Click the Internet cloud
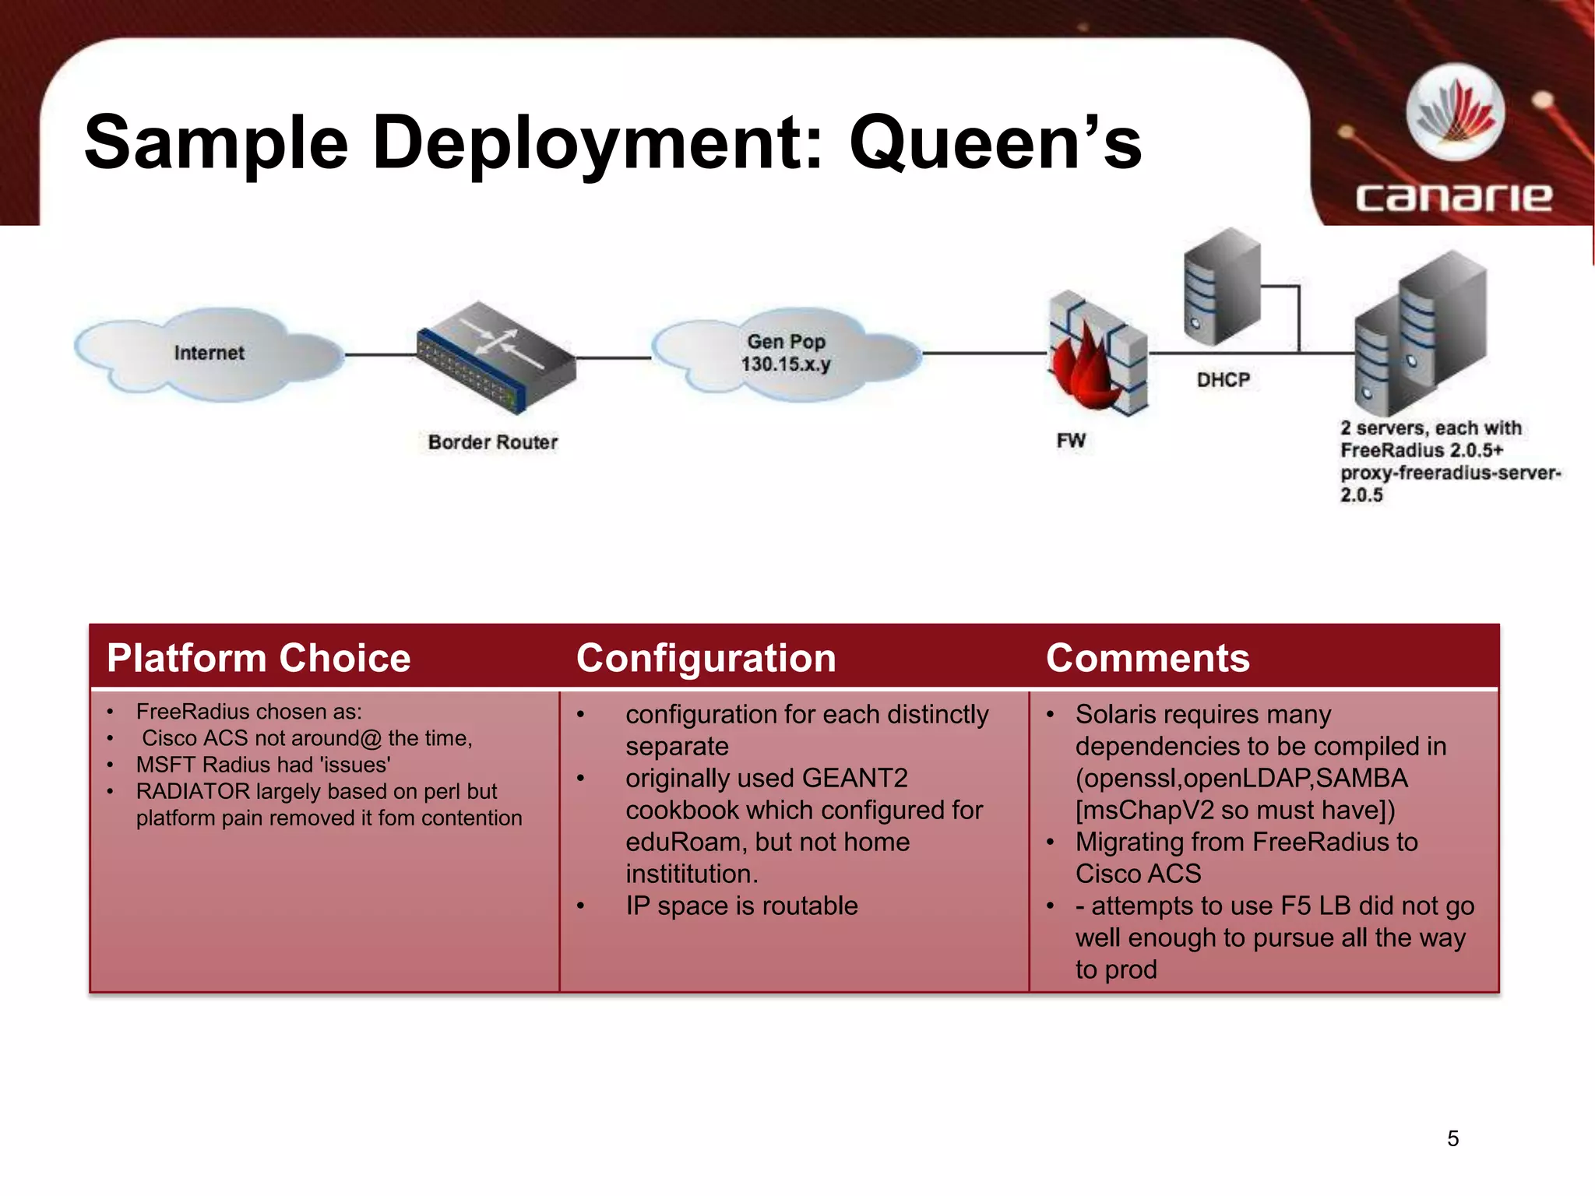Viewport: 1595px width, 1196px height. [209, 354]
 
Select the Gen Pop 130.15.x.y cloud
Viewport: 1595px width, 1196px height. [787, 354]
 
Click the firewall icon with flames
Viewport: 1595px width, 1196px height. [1097, 354]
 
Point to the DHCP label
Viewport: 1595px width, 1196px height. [1223, 380]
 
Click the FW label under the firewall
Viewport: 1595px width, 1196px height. [1071, 441]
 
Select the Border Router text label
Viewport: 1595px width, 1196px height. [492, 442]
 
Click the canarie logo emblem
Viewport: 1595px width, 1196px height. [1455, 113]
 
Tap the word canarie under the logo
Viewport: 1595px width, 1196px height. [1453, 196]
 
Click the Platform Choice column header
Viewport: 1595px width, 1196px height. [259, 658]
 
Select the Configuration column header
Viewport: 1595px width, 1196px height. [706, 658]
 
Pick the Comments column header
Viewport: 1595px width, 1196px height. [1147, 658]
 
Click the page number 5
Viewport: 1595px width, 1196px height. [1452, 1138]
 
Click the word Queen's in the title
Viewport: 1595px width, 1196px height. [995, 143]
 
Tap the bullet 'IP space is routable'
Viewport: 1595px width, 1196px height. [741, 906]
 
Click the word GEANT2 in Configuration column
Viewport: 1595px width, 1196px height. [854, 778]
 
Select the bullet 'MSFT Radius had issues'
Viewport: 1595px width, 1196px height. [263, 765]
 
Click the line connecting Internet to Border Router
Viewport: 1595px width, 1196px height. [380, 355]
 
